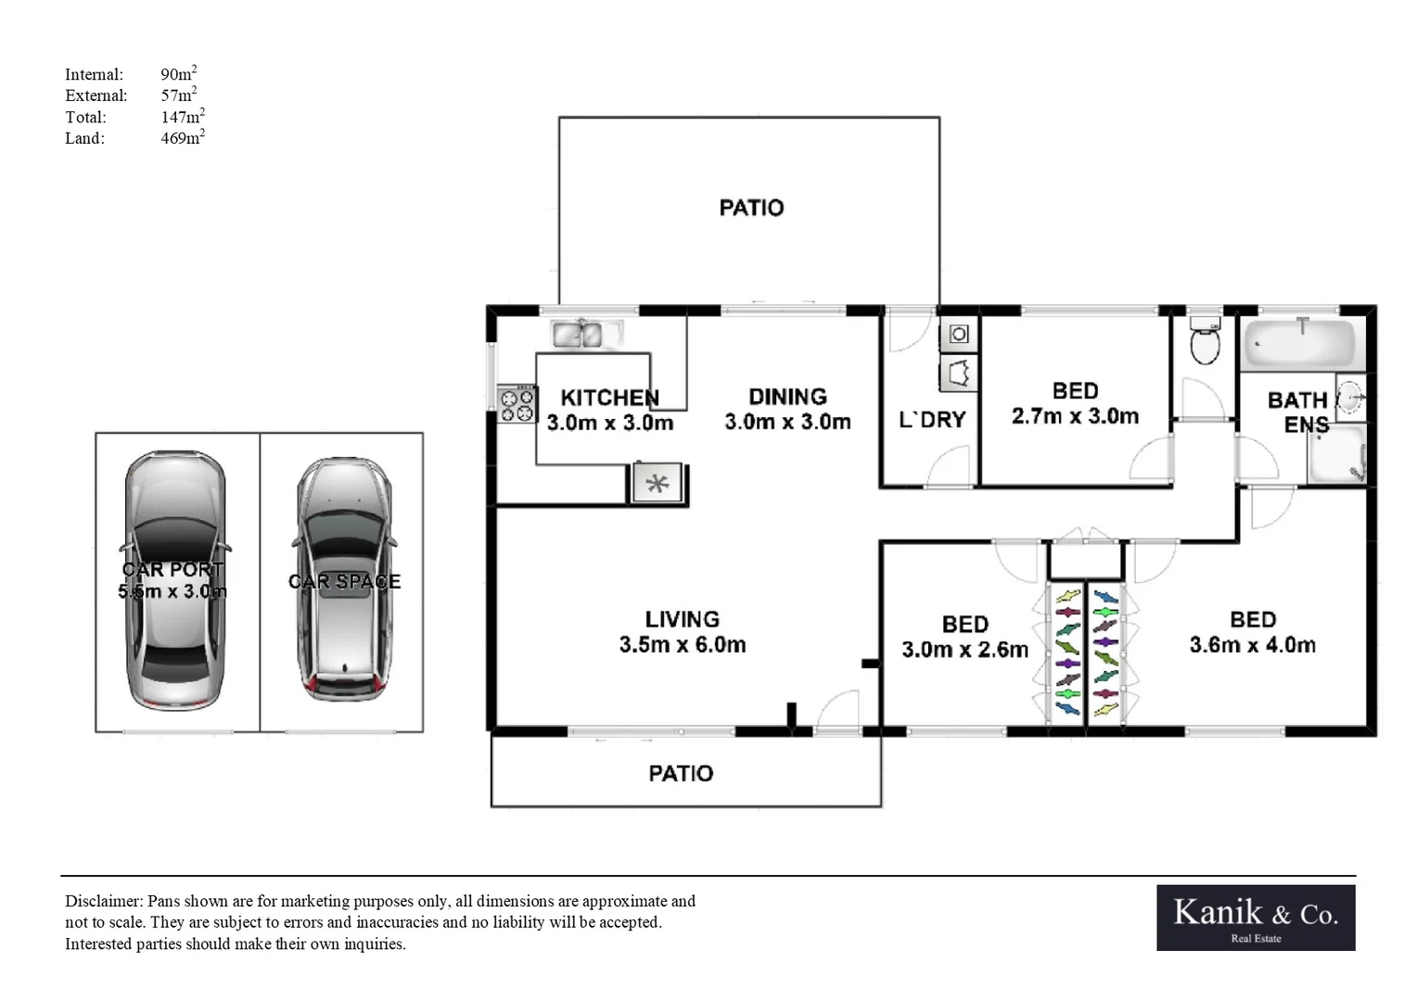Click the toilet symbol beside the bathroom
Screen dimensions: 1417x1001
tap(1205, 339)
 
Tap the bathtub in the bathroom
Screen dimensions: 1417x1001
tap(1300, 343)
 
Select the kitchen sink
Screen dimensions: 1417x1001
tap(586, 334)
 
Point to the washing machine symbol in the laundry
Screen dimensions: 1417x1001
tap(959, 334)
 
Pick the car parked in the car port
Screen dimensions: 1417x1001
tap(175, 580)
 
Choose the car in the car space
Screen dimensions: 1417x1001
tap(344, 579)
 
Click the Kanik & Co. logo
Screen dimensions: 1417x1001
tap(1256, 918)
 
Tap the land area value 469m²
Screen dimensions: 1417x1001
tap(183, 137)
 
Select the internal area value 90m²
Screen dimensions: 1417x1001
tap(178, 73)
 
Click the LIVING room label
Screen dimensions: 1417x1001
tap(682, 619)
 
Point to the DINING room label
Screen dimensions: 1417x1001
tap(787, 397)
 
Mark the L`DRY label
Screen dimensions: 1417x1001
tap(932, 419)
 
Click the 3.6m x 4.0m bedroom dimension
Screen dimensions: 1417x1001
tap(1253, 645)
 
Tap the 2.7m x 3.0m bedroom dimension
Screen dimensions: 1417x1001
tap(1076, 416)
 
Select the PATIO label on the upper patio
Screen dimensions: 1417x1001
tap(751, 208)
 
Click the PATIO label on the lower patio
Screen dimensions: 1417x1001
tap(681, 773)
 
